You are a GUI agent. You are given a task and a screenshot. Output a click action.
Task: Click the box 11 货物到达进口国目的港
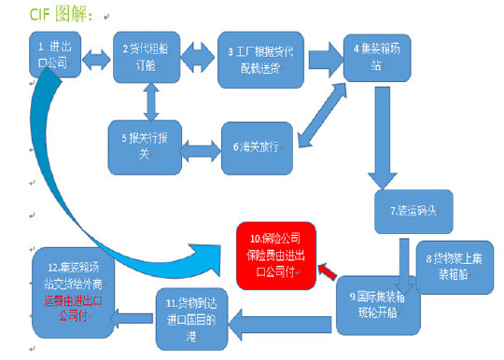[x=191, y=317]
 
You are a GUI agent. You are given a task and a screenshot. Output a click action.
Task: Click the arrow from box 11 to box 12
[x=133, y=316]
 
